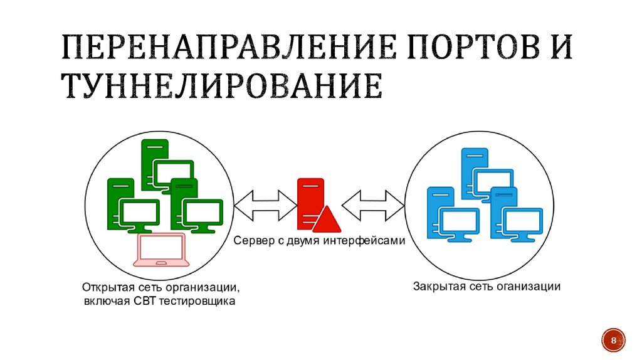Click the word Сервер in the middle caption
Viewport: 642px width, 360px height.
253,240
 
